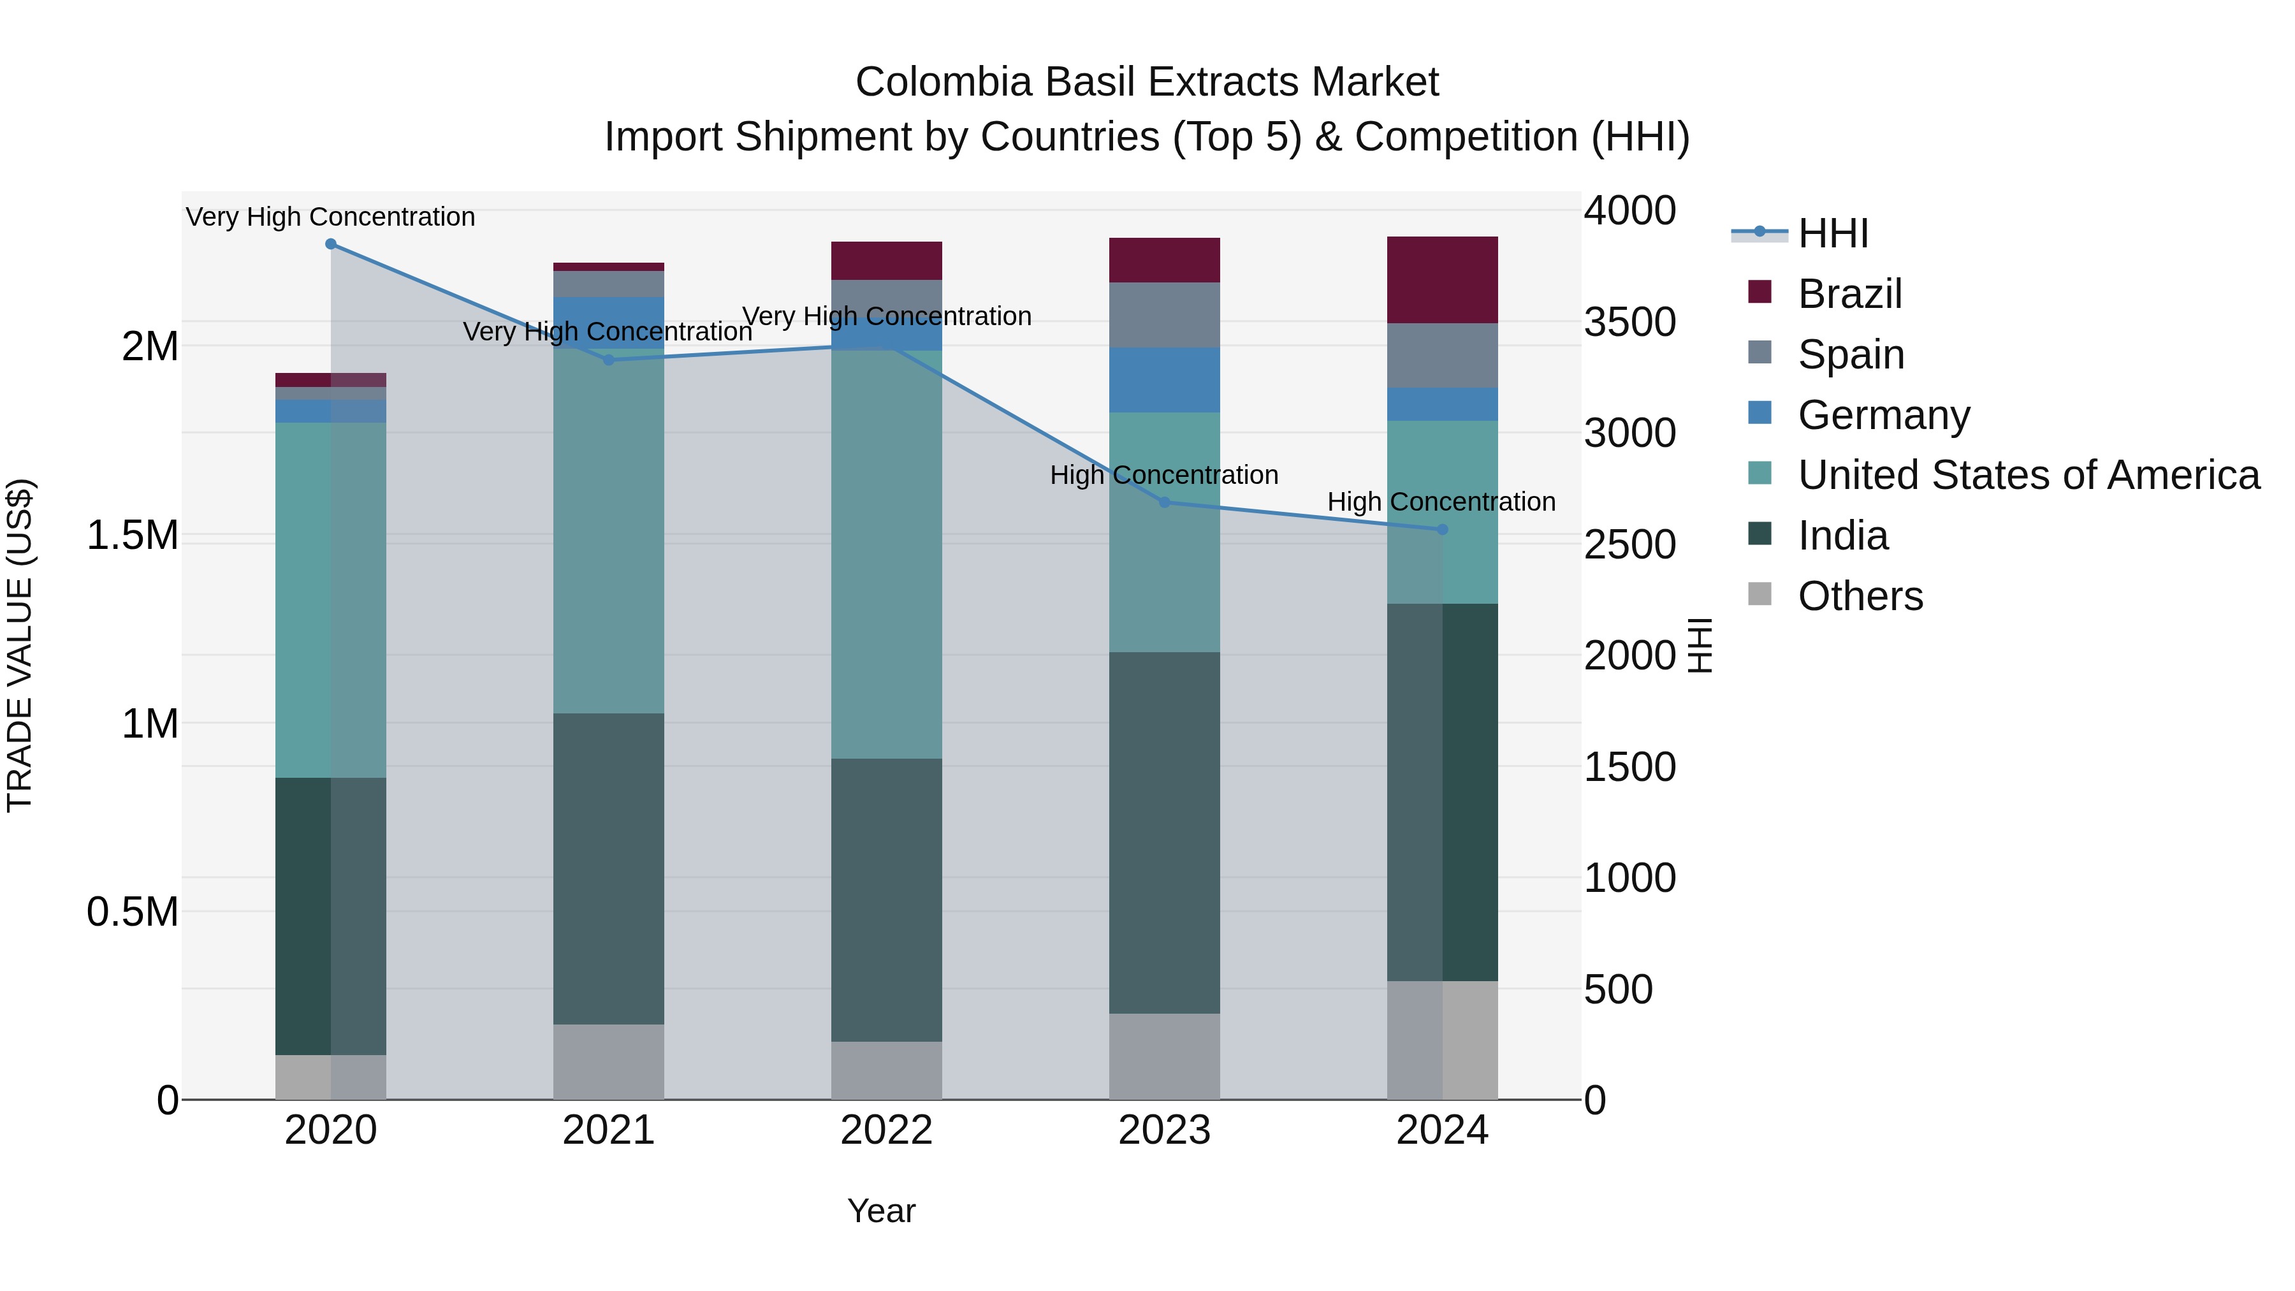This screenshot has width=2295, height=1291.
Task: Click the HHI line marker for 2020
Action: pos(330,244)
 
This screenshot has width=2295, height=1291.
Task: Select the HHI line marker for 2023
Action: pos(1165,502)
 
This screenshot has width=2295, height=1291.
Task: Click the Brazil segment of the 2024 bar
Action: pos(1443,280)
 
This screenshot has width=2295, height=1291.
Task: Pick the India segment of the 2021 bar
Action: pos(609,869)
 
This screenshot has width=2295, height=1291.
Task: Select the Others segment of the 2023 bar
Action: pos(1165,1056)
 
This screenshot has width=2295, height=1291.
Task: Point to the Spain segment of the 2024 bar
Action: pos(1443,356)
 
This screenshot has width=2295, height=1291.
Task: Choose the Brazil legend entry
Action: pos(1849,294)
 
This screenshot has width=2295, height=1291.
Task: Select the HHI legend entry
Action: pos(1832,233)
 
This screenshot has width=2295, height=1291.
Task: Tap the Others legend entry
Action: pos(1860,596)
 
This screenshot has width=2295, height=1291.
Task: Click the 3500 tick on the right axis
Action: pos(1629,323)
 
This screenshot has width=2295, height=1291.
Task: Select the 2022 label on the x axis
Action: pos(887,1130)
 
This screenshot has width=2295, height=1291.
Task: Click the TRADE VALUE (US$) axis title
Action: pos(20,645)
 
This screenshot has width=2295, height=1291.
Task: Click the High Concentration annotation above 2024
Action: pos(1441,502)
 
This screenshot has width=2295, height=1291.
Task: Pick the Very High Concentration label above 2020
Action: pos(330,217)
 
